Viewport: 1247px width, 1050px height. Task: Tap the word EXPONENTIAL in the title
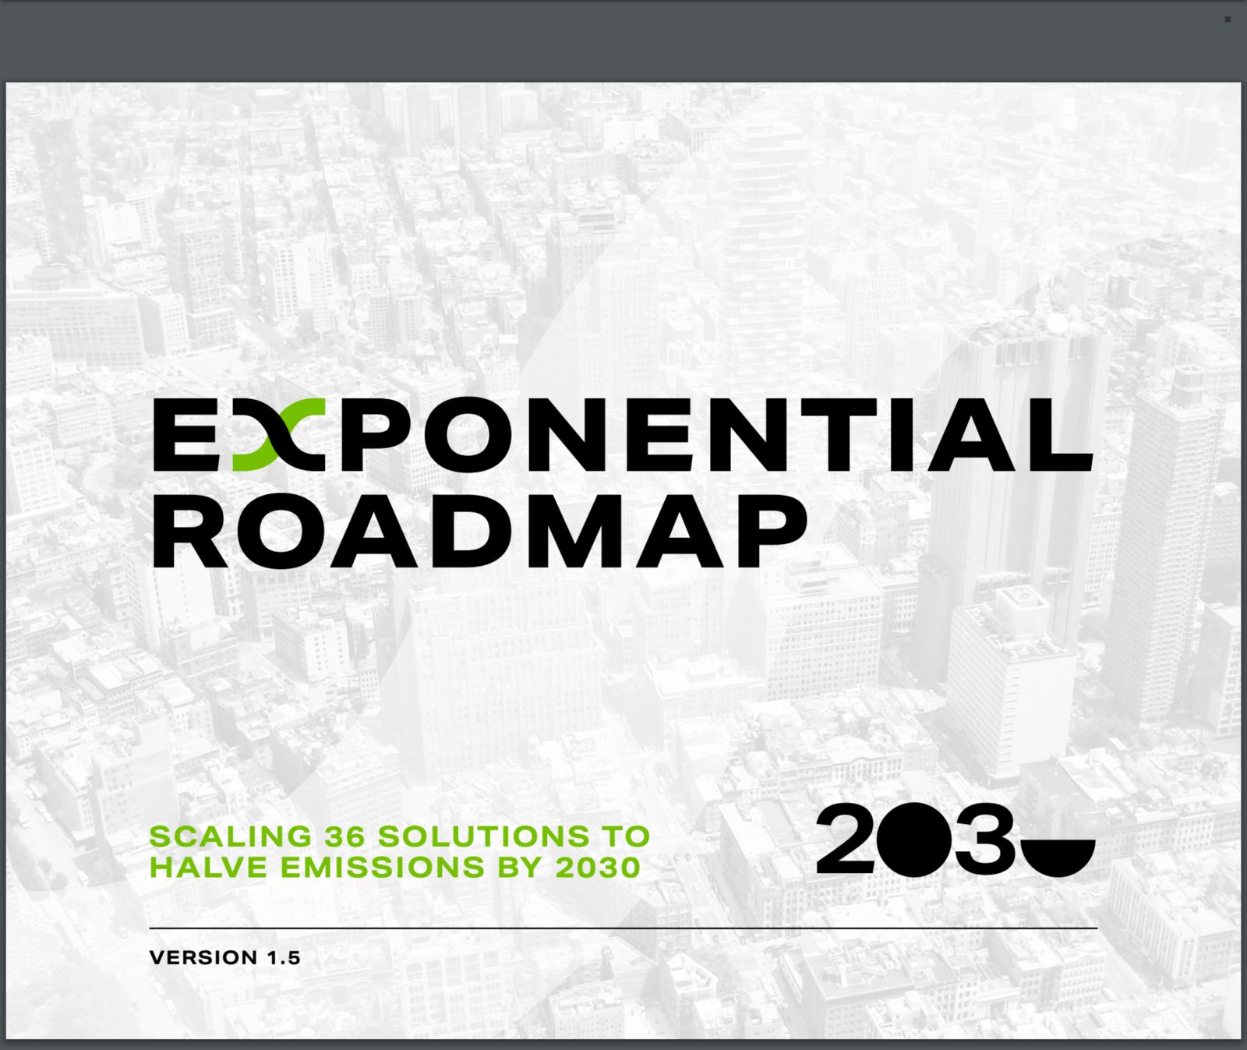(x=623, y=435)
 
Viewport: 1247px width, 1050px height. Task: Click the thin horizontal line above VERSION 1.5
(x=623, y=928)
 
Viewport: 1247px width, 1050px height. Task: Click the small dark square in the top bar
(x=1228, y=19)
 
